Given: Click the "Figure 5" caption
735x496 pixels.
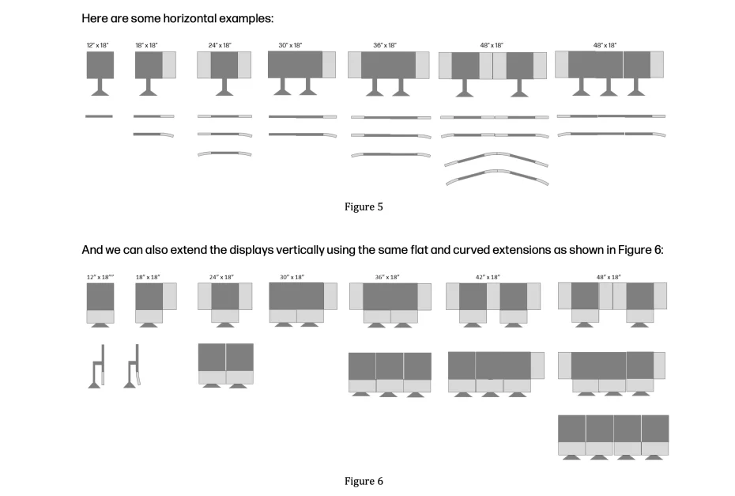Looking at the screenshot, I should point(364,207).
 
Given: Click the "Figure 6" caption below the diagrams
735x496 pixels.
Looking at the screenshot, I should point(364,481).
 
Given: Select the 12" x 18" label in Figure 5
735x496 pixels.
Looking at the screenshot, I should point(99,45).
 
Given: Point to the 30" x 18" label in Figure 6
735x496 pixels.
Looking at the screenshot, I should point(292,277).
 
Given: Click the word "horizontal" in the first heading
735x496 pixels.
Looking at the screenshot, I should point(175,17).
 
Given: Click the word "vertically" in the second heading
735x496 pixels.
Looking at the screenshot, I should point(289,250).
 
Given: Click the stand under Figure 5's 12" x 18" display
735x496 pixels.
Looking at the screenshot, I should point(100,88).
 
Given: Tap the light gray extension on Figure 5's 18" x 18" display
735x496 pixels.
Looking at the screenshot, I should point(169,65).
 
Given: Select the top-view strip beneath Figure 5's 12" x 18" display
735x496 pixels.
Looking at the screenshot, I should point(99,116).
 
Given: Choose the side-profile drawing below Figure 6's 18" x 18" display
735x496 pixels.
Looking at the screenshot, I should point(134,365).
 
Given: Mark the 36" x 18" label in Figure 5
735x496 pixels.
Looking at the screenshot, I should point(386,45).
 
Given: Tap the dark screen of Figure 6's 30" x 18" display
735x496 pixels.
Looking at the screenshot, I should point(296,296).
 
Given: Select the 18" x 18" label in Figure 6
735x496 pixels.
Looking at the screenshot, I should point(148,277).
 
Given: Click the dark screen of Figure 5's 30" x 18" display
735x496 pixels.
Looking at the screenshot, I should point(294,64).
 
